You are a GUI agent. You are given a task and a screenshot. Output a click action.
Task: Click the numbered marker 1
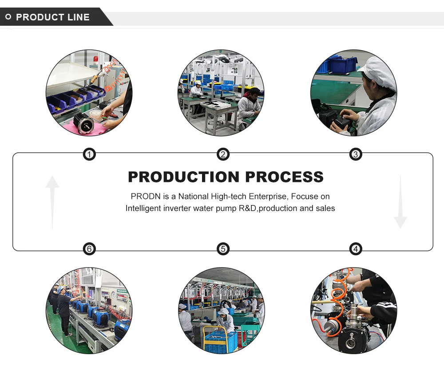pos(90,154)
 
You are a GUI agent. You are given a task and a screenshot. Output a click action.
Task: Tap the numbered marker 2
pos(223,154)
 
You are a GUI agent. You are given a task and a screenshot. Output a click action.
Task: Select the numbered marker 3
pos(355,154)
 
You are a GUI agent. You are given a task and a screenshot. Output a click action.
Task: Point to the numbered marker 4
pos(355,249)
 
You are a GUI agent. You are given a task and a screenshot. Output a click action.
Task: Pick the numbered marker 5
pos(223,249)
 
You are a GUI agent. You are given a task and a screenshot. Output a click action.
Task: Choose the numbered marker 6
pos(90,249)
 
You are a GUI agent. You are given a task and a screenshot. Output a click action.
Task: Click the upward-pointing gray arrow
pos(52,202)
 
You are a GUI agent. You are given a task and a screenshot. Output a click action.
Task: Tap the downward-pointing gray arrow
pos(400,202)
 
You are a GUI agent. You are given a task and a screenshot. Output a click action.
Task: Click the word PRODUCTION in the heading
pos(184,177)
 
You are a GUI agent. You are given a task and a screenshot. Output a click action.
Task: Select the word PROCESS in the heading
pos(284,177)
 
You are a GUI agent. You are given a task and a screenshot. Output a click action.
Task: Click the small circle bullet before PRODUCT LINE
pos(8,17)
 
